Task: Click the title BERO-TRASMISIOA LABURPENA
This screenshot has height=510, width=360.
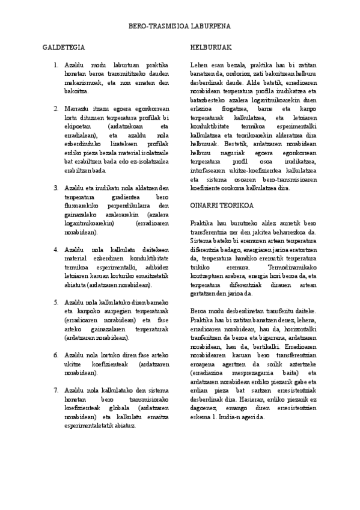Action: coord(180,27)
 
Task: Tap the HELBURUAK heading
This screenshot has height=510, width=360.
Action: coord(207,47)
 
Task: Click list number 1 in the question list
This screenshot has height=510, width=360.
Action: coord(56,65)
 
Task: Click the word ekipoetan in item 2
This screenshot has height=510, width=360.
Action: coord(79,126)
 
